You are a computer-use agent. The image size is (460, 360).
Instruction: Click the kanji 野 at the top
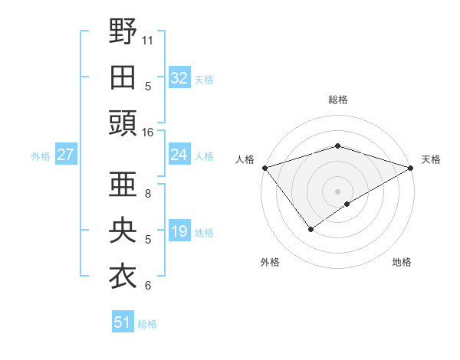pyautogui.click(x=123, y=32)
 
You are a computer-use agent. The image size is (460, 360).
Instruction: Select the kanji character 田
pyautogui.click(x=123, y=77)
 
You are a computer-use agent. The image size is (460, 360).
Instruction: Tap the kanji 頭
pyautogui.click(x=123, y=123)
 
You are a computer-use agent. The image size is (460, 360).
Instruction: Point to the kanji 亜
pyautogui.click(x=123, y=185)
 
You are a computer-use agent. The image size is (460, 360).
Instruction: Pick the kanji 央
pyautogui.click(x=123, y=231)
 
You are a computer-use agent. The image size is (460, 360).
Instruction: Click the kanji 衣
pyautogui.click(x=123, y=277)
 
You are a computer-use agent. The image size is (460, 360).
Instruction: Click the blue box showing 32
pyautogui.click(x=179, y=78)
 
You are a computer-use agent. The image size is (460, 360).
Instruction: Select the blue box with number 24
pyautogui.click(x=179, y=155)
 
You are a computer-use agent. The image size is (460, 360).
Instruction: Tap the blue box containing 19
pyautogui.click(x=179, y=231)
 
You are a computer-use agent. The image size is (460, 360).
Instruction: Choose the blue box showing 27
pyautogui.click(x=65, y=155)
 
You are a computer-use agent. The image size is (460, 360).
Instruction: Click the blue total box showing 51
pyautogui.click(x=123, y=322)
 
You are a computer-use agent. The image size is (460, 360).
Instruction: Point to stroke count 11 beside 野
pyautogui.click(x=148, y=39)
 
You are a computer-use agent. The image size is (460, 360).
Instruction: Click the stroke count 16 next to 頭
pyautogui.click(x=148, y=132)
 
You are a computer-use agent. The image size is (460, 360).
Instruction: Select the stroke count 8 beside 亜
pyautogui.click(x=148, y=194)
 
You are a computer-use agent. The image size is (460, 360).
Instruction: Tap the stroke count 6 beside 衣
pyautogui.click(x=148, y=286)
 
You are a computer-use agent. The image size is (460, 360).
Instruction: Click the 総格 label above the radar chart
pyautogui.click(x=337, y=100)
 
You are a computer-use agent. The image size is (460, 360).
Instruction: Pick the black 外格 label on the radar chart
pyautogui.click(x=270, y=262)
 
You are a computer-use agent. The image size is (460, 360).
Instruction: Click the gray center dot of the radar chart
pyautogui.click(x=337, y=190)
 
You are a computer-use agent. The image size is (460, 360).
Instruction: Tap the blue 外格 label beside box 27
pyautogui.click(x=41, y=156)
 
